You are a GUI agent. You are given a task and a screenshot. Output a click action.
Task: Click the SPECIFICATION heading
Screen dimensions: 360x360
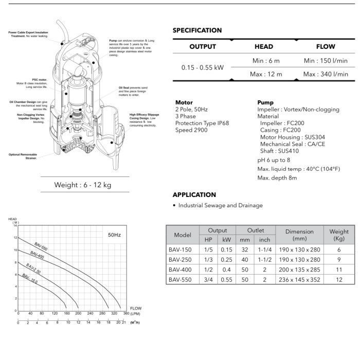coord(197,30)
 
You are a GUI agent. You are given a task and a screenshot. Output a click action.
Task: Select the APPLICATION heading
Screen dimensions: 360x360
coord(194,195)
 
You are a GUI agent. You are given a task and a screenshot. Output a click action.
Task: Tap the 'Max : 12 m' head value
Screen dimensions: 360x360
coord(266,74)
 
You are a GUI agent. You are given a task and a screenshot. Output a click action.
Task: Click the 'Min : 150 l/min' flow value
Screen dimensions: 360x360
coord(326,61)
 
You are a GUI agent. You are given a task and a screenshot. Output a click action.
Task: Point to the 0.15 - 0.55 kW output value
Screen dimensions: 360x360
coord(203,67)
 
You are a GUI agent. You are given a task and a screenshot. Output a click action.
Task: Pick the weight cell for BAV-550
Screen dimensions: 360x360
coord(338,280)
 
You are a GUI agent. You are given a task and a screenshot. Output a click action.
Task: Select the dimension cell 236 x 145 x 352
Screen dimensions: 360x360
coord(299,280)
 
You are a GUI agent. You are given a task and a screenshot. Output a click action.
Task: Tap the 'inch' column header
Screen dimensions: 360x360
coord(264,240)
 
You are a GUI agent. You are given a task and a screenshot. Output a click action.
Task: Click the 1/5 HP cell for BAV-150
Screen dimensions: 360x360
coord(208,249)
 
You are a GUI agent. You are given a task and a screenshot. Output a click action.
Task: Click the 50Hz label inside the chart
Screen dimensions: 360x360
coord(114,235)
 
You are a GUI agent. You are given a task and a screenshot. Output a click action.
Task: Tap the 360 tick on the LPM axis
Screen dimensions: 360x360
coord(127,313)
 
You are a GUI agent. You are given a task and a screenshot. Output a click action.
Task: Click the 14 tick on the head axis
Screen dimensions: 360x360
coord(15,226)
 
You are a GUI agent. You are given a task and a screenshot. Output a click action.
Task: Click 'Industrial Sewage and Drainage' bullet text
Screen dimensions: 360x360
coord(220,205)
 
